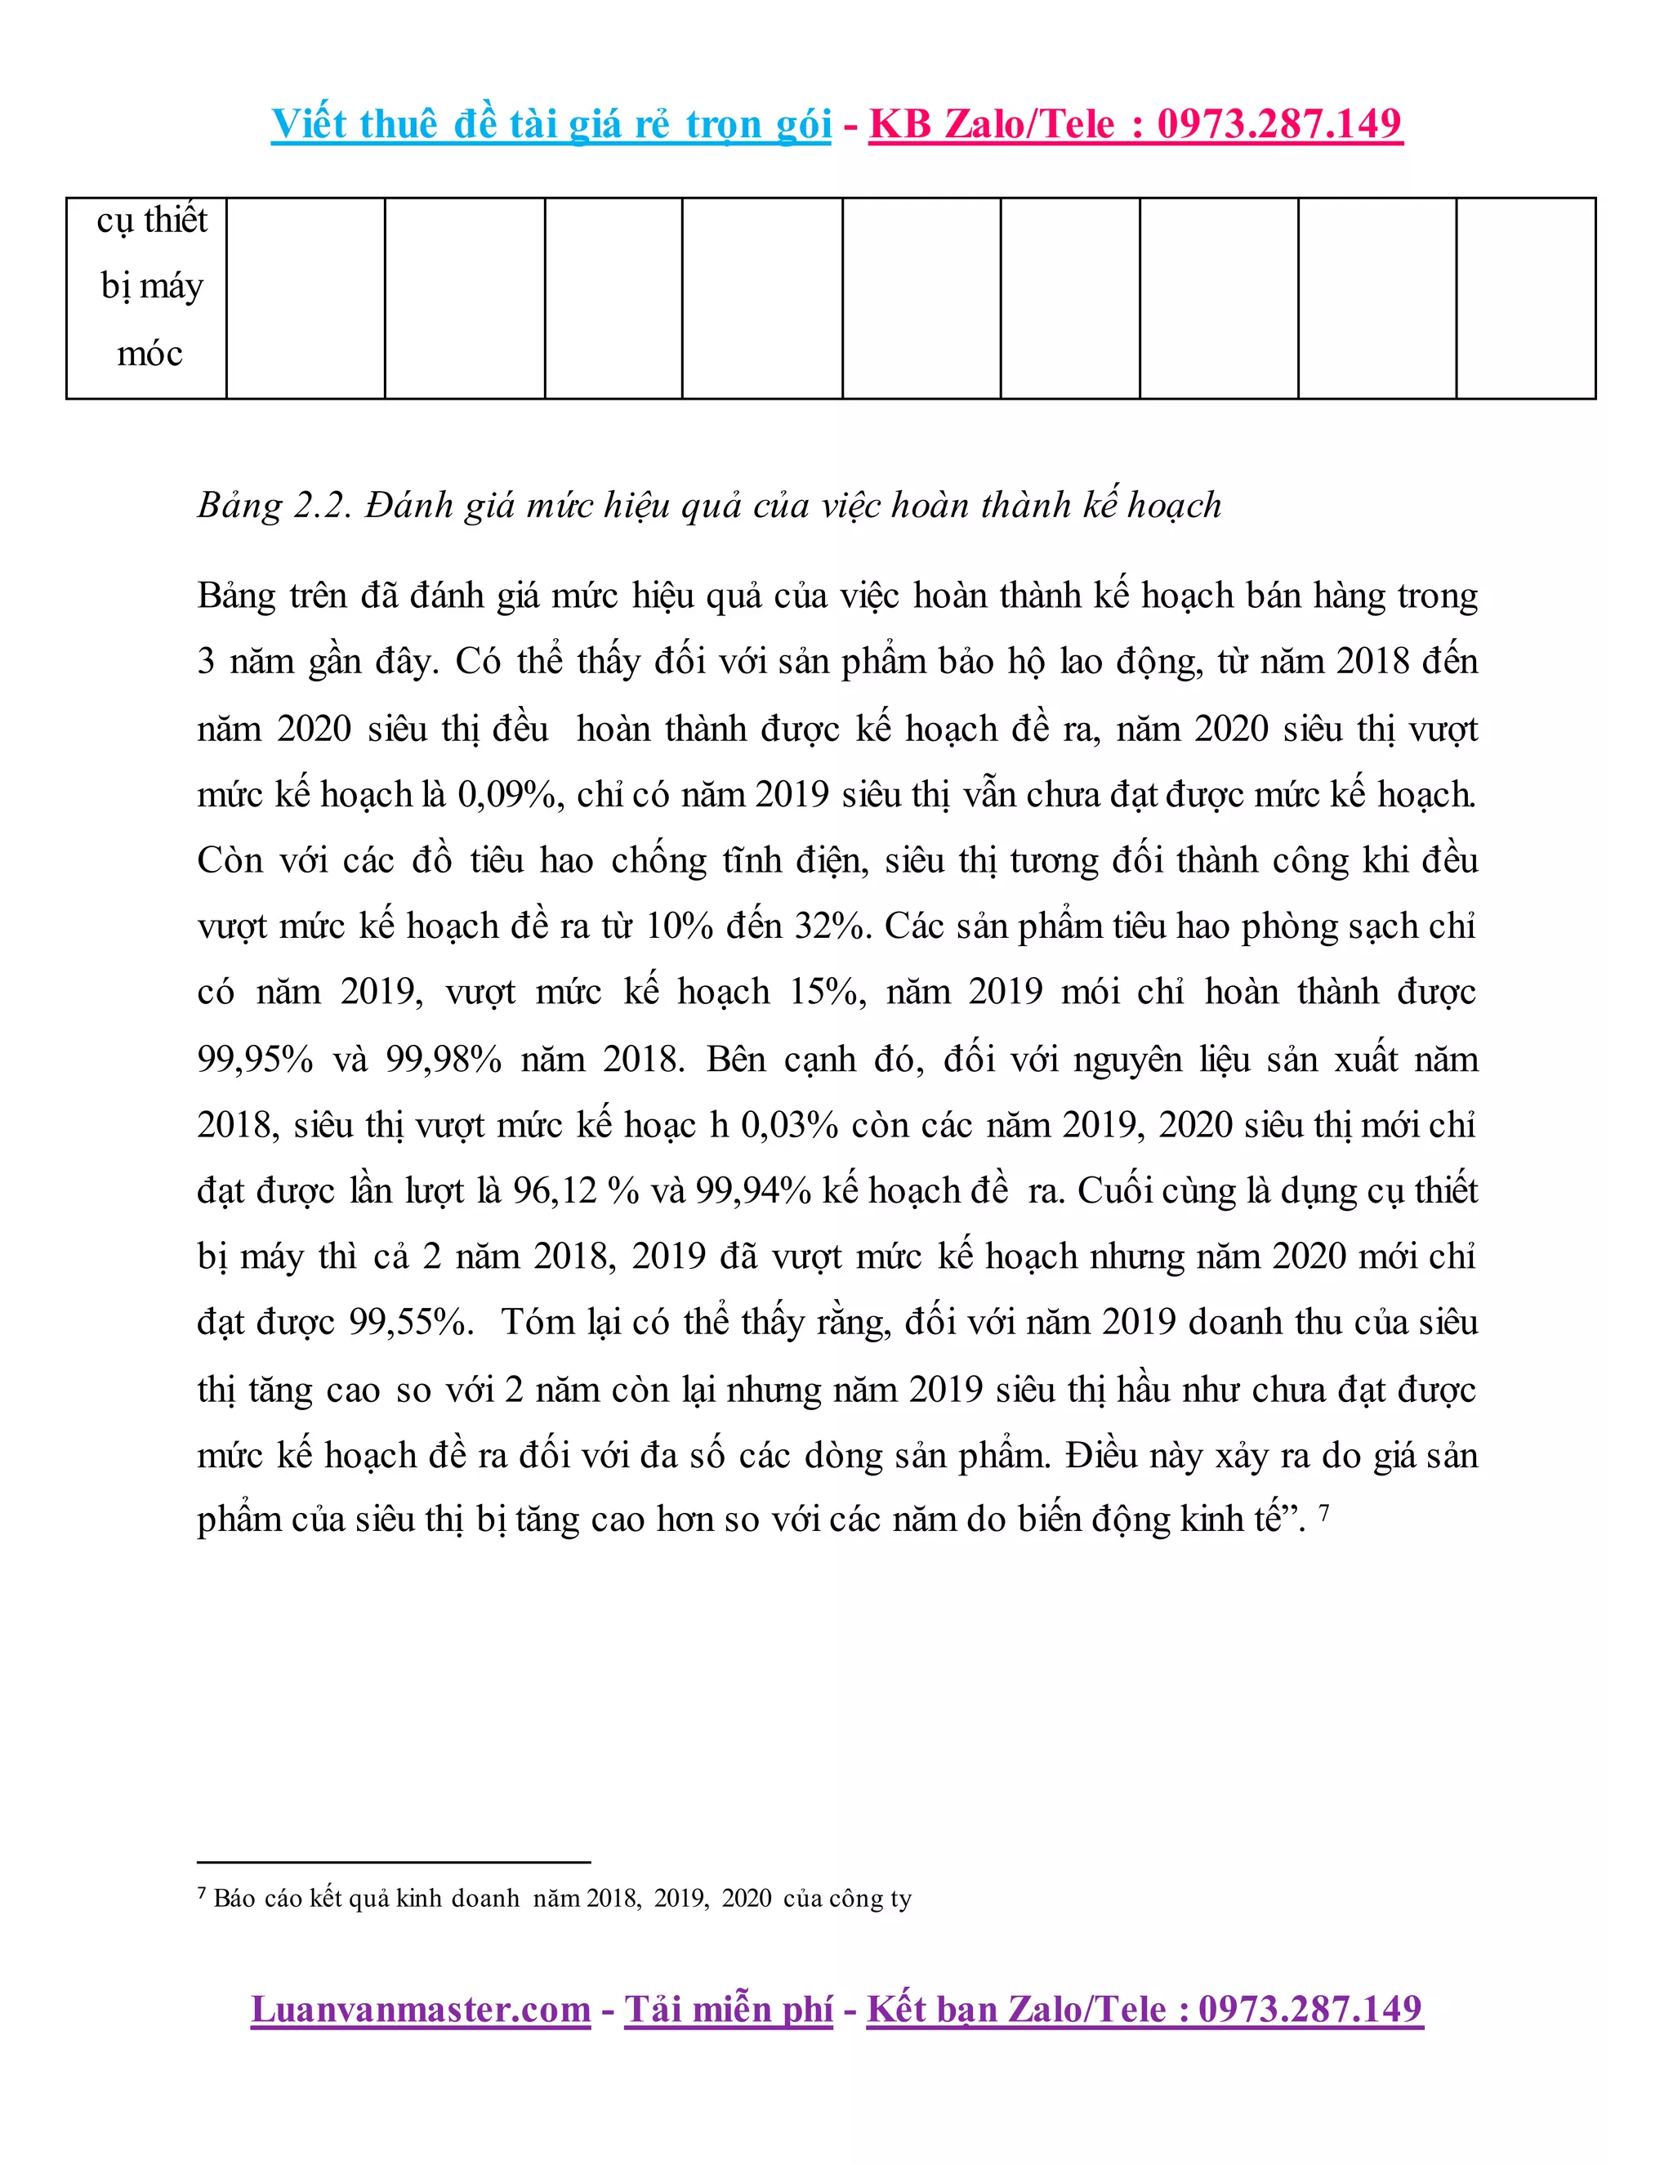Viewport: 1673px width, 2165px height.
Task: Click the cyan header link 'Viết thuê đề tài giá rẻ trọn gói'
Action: point(551,125)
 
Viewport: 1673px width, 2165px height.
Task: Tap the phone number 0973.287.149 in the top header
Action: point(1278,125)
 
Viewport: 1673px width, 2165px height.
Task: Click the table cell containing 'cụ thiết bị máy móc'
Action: point(150,288)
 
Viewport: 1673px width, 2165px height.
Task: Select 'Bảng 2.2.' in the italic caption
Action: point(274,506)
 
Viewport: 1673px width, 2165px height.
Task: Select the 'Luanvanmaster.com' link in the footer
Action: point(420,2011)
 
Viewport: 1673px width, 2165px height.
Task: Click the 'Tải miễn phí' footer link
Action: point(729,2011)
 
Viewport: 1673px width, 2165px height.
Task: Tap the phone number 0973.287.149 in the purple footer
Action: point(1310,2011)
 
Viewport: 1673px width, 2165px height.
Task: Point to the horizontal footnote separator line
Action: point(394,1863)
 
